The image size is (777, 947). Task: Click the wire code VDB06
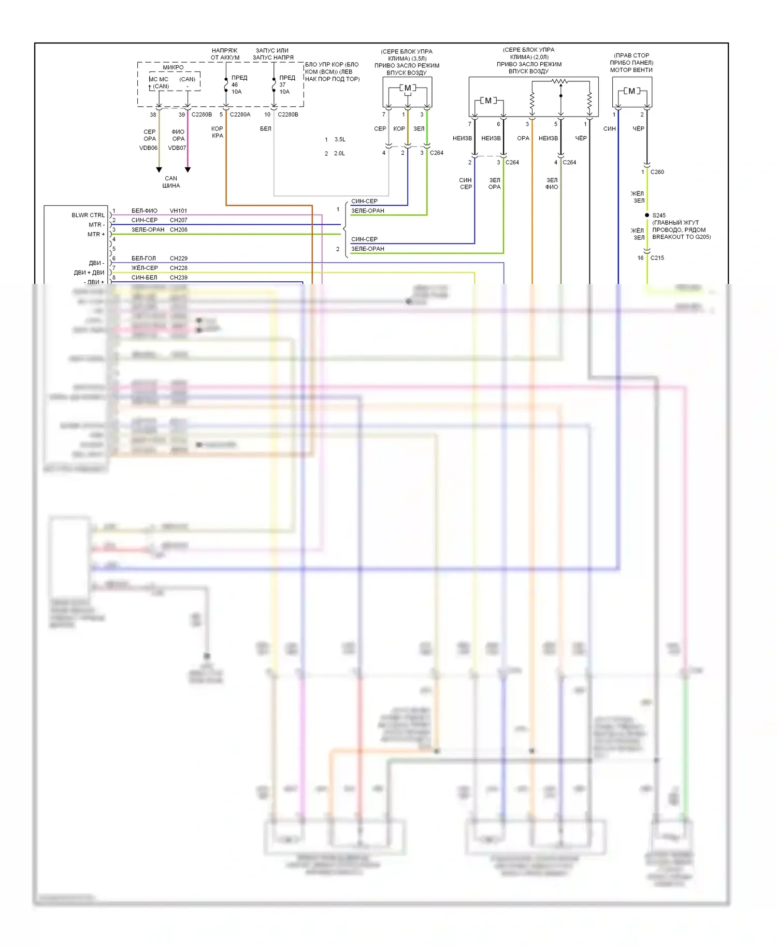148,148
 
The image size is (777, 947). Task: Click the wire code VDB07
177,148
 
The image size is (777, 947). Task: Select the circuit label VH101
178,211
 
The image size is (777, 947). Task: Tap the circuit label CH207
178,220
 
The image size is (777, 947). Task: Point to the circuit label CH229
178,259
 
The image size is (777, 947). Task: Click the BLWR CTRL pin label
88,215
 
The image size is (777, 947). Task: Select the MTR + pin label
96,234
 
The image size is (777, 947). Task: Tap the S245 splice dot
647,215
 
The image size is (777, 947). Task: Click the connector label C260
657,172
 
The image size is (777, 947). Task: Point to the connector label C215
657,258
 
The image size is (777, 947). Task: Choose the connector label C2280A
240,114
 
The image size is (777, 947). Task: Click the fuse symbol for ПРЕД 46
226,84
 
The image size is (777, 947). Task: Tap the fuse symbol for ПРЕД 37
274,84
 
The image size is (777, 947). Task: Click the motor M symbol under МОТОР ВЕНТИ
631,91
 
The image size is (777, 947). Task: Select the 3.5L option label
340,140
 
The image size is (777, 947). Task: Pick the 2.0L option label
339,154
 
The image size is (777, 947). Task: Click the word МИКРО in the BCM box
173,67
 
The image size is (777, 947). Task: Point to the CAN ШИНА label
171,182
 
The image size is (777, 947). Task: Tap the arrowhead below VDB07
188,170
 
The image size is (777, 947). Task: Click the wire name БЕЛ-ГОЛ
143,259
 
